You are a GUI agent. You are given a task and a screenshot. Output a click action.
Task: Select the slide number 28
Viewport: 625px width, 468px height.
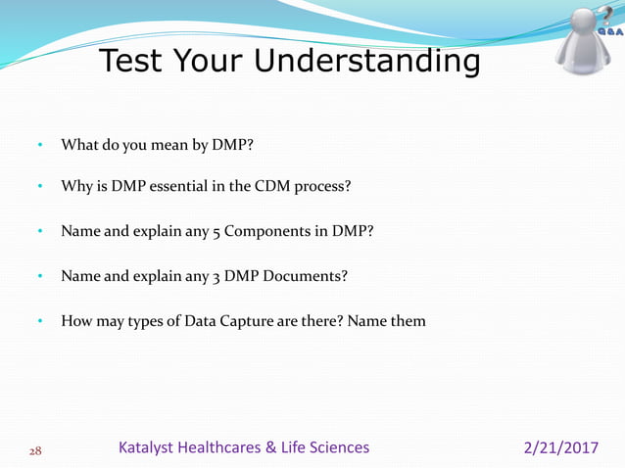coord(34,449)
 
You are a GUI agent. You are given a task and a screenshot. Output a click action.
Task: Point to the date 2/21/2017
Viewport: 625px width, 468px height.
coord(561,447)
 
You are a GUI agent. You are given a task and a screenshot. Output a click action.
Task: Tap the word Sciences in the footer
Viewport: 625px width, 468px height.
coord(335,447)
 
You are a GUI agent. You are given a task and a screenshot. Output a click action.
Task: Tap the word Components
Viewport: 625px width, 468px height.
coord(272,232)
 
